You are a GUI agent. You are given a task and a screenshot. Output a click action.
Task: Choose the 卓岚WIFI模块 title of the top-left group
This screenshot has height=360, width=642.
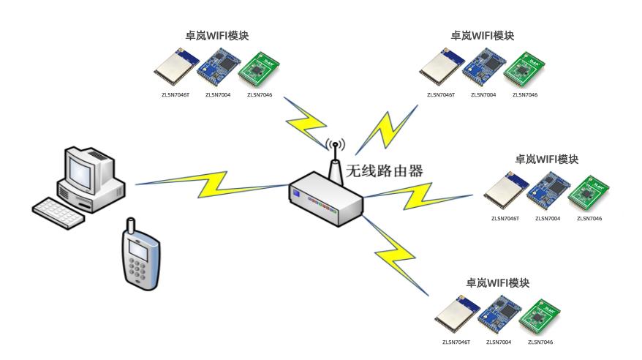click(217, 35)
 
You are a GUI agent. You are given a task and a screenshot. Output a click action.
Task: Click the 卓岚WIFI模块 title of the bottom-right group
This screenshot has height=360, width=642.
click(497, 282)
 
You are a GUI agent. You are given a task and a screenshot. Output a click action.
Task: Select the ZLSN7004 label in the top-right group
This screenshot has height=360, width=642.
click(483, 94)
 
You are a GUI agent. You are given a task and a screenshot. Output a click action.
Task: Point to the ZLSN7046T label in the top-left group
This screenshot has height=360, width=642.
click(175, 94)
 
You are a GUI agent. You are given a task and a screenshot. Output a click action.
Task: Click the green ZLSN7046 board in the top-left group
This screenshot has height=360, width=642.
click(260, 70)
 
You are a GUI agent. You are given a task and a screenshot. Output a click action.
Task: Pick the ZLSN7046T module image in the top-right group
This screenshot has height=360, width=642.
click(440, 68)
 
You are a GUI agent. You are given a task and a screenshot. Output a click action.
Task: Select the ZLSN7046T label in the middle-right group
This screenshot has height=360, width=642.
click(505, 218)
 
